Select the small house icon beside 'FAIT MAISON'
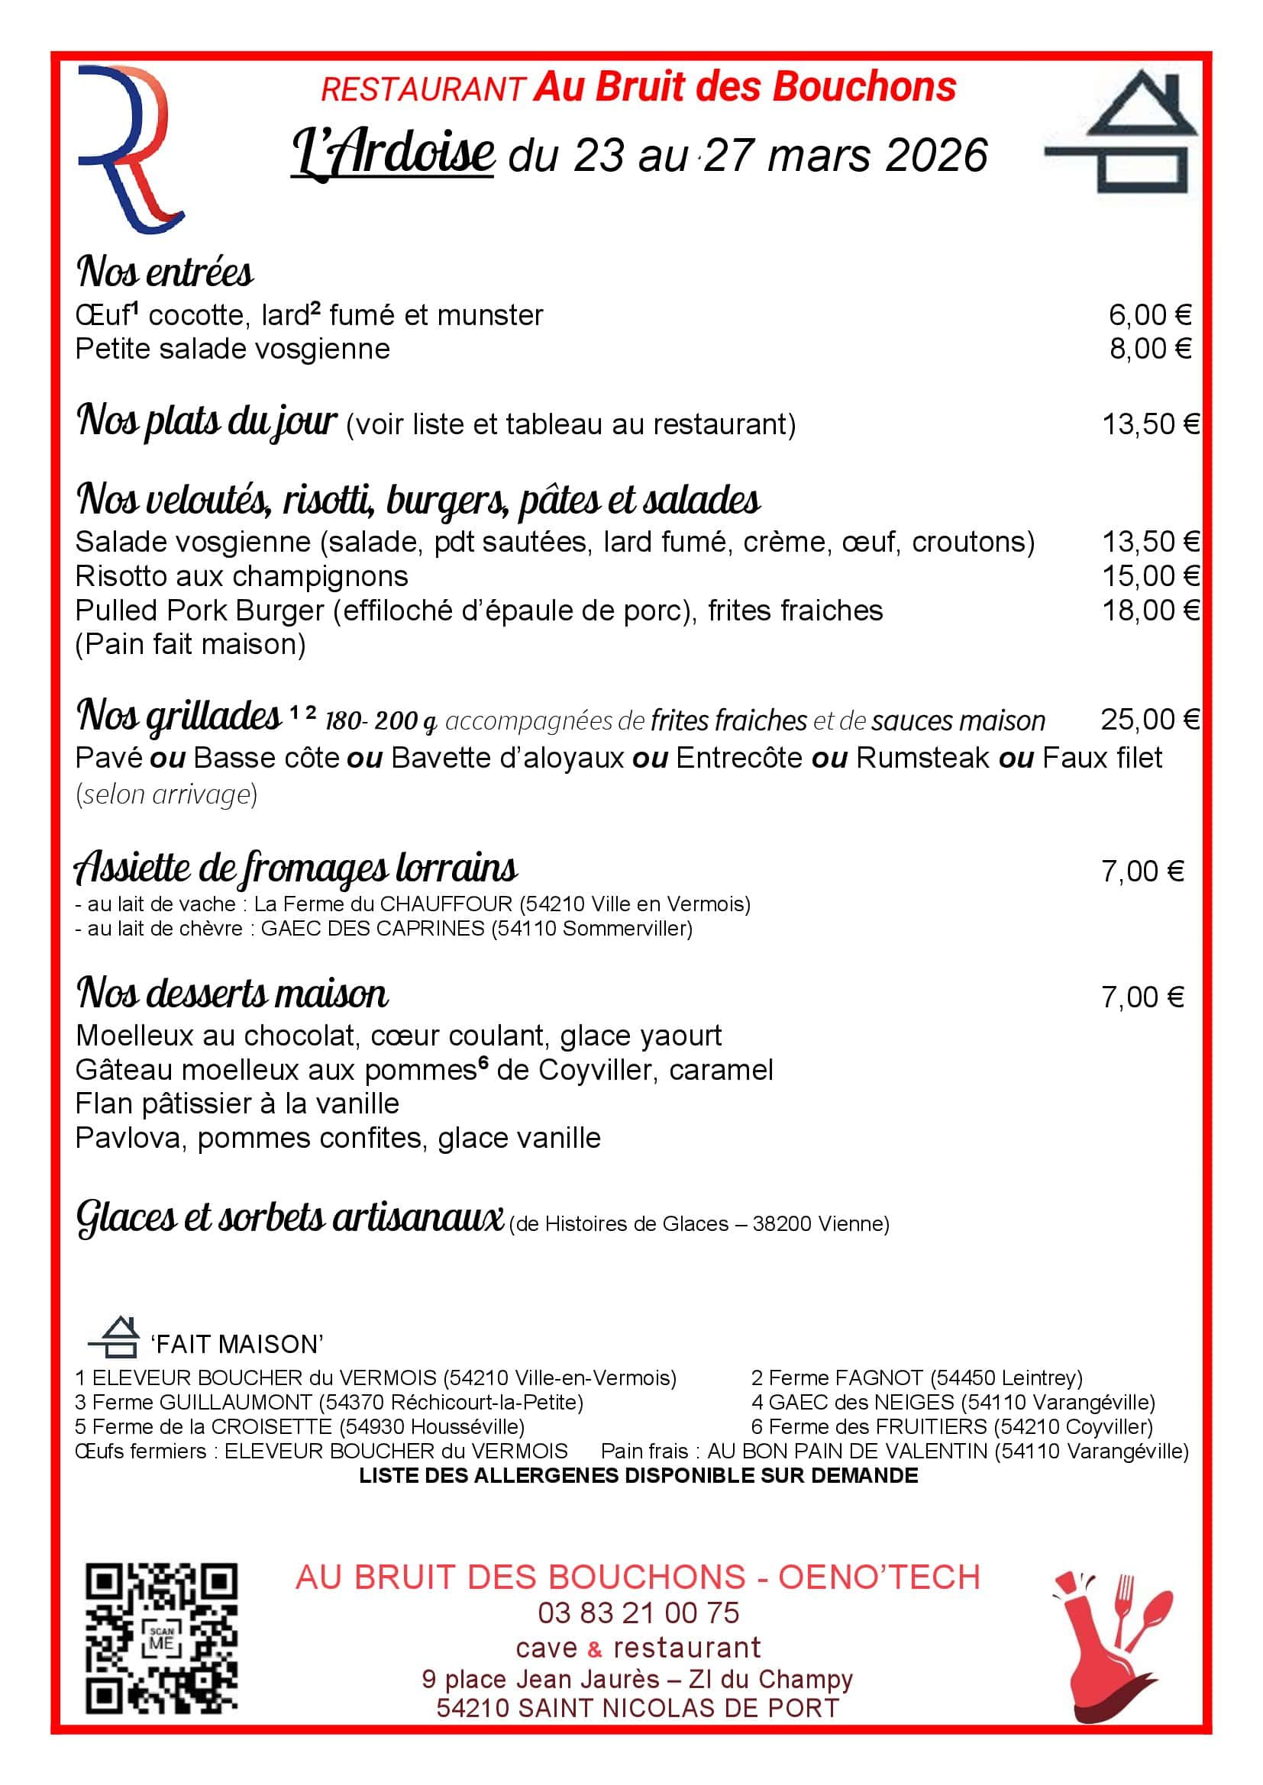[x=115, y=1336]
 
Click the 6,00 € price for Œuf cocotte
[x=1149, y=315]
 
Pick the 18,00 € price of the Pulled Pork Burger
[x=1151, y=611]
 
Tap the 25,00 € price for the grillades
[x=1149, y=720]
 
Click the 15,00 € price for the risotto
[x=1151, y=576]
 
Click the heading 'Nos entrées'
[x=165, y=272]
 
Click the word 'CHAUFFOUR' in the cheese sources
[x=446, y=904]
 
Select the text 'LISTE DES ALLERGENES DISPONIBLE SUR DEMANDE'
[x=638, y=1476]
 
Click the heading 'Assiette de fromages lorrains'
[x=296, y=868]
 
